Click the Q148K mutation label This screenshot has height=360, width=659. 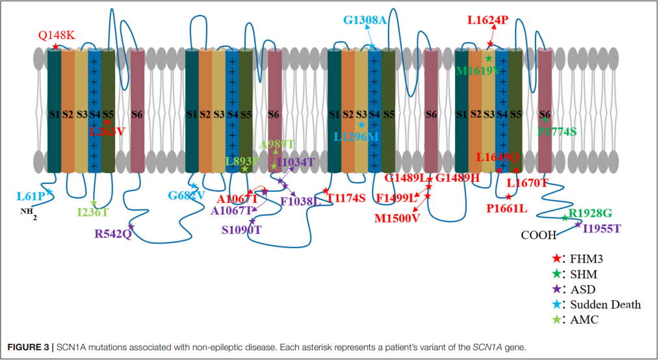point(57,35)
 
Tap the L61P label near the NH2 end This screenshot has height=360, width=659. point(31,196)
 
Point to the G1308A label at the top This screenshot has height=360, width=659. point(365,20)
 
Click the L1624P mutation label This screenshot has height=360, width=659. point(487,20)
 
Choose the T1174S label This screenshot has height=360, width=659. point(346,198)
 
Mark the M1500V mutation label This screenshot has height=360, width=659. point(397,218)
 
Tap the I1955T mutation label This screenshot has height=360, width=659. point(602,228)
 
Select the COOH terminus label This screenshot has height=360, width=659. point(539,235)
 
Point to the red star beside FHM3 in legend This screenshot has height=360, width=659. point(556,258)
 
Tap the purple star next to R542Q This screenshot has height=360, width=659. point(131,226)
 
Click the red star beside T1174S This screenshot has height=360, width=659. point(326,190)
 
